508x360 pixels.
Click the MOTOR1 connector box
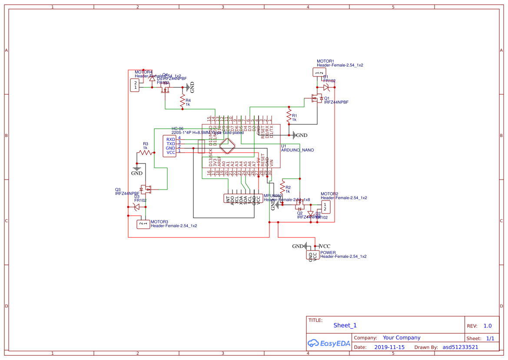(319, 73)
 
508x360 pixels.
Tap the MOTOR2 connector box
(325, 207)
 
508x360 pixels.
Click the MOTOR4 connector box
(136, 85)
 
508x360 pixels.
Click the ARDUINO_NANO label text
(297, 150)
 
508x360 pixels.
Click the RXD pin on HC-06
(171, 139)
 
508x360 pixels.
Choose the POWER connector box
(312, 255)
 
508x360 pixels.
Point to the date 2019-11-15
(389, 347)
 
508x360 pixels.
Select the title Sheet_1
(345, 325)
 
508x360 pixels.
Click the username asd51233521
(460, 347)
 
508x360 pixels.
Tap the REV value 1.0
(487, 326)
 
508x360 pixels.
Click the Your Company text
(401, 338)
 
